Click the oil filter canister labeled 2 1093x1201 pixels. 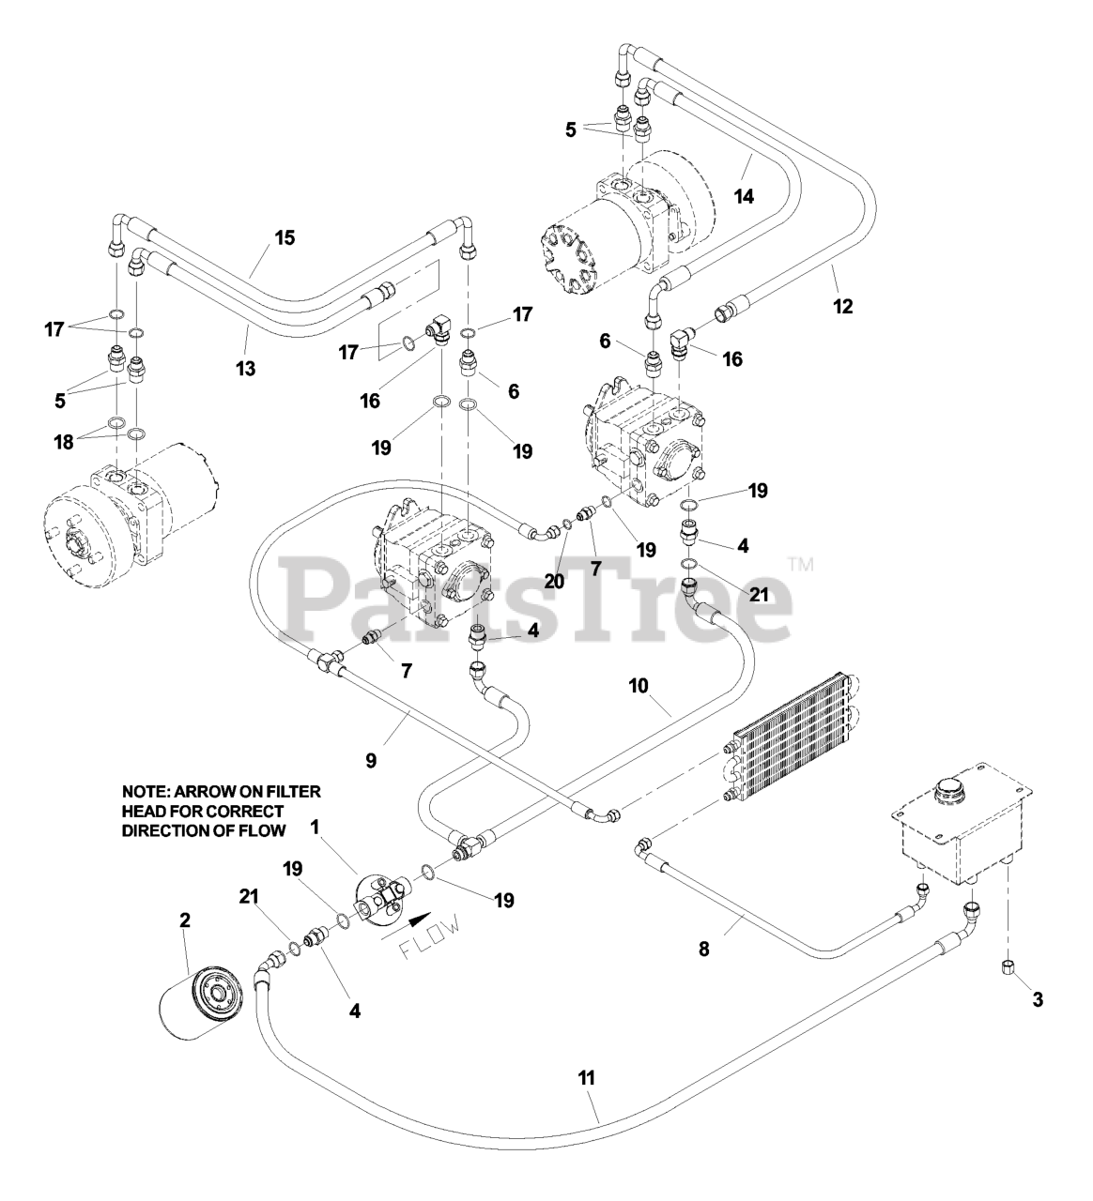tap(200, 1005)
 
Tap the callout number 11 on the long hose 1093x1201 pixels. tap(586, 1078)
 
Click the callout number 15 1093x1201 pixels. tap(285, 237)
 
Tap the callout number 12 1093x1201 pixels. tap(843, 306)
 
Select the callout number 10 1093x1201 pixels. tap(639, 686)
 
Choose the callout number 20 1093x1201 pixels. tap(554, 582)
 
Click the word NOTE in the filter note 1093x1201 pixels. tap(144, 792)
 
